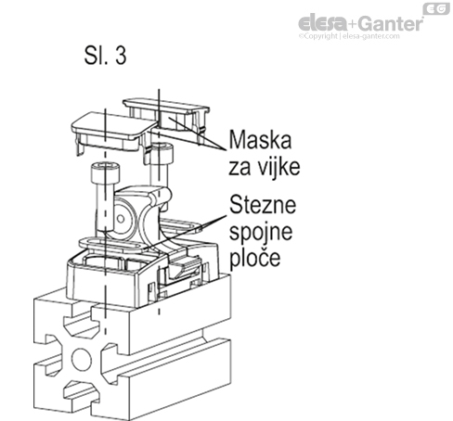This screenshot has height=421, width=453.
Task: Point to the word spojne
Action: (264, 228)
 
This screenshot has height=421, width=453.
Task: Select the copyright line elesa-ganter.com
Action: (360, 38)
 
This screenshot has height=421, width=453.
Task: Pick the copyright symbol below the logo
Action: (302, 38)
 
